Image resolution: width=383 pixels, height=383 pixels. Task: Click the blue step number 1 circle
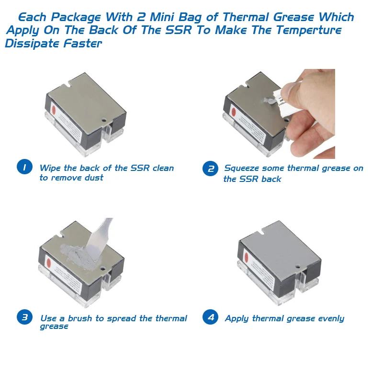[24, 167]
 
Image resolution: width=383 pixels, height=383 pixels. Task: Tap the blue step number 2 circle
[210, 169]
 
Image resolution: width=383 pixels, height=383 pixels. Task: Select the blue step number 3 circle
[24, 317]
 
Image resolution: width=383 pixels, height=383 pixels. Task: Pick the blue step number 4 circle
[210, 317]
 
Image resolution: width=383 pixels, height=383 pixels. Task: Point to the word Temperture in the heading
[308, 30]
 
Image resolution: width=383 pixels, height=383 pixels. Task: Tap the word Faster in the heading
[82, 44]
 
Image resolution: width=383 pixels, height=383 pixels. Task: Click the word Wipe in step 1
[50, 169]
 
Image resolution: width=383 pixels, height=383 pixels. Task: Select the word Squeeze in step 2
[242, 169]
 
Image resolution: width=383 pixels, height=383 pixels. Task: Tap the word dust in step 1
[94, 178]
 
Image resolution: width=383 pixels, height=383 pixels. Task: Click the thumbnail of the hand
[288, 90]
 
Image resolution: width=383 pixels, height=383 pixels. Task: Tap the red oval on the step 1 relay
[54, 111]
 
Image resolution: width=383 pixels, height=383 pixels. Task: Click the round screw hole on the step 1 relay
[104, 120]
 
